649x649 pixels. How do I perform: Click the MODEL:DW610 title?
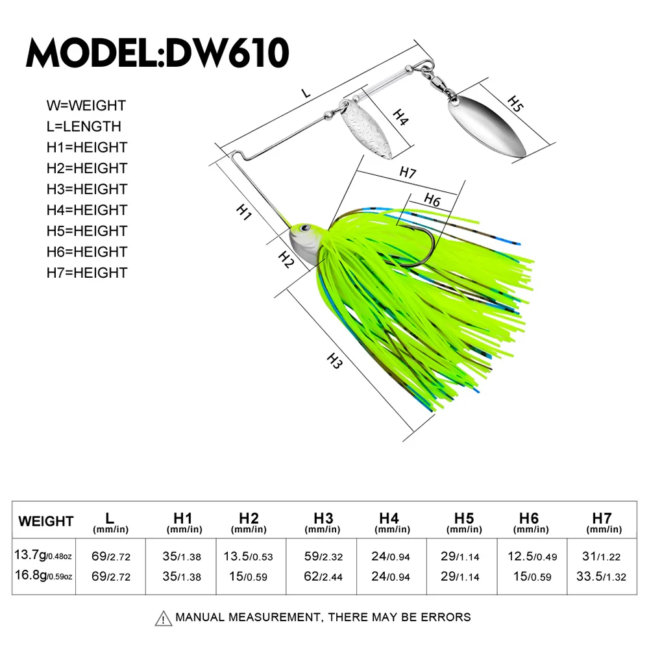click(x=157, y=53)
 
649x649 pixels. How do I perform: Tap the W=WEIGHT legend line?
click(x=86, y=105)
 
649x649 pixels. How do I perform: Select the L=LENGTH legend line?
click(x=84, y=126)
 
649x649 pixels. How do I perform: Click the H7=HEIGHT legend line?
click(x=87, y=273)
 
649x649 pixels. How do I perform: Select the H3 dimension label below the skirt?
click(x=334, y=361)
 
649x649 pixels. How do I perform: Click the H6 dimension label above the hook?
click(x=432, y=201)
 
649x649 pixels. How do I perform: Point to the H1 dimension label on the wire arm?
click(x=243, y=212)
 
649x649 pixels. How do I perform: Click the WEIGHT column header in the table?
click(x=46, y=521)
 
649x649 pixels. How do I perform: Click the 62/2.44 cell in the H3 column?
click(x=323, y=576)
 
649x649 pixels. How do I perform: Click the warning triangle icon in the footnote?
click(x=164, y=617)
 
